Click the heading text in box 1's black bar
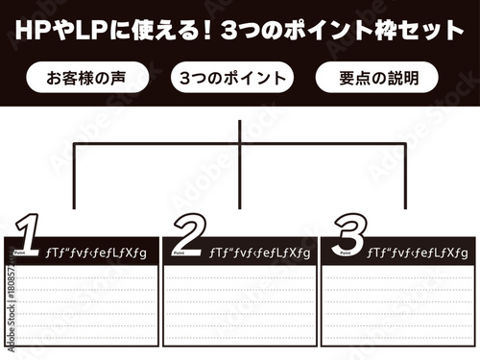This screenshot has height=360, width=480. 96,252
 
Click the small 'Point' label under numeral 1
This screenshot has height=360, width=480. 22,256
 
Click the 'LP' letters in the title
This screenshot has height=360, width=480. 83,30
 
